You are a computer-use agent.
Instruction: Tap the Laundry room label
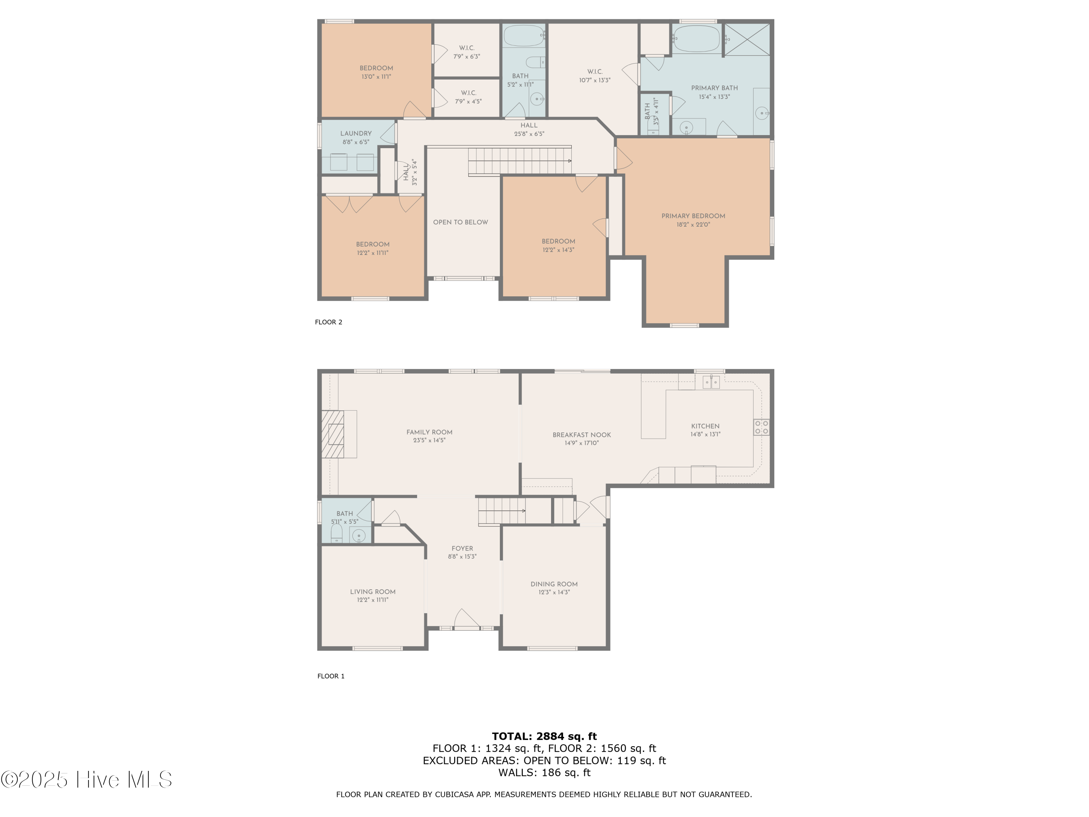355,134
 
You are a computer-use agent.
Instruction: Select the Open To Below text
460,222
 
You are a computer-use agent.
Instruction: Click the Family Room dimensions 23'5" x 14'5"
429,440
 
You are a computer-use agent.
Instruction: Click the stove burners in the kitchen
761,427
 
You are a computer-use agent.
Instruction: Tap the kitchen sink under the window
710,382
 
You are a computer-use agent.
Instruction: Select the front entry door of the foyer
466,627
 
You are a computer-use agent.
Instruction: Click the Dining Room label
554,584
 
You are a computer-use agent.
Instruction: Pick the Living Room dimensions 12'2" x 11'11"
373,600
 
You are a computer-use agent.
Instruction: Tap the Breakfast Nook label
582,435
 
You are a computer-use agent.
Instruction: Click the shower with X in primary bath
747,39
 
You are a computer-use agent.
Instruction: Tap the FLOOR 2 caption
329,322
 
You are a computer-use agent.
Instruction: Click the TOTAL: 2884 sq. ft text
544,736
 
